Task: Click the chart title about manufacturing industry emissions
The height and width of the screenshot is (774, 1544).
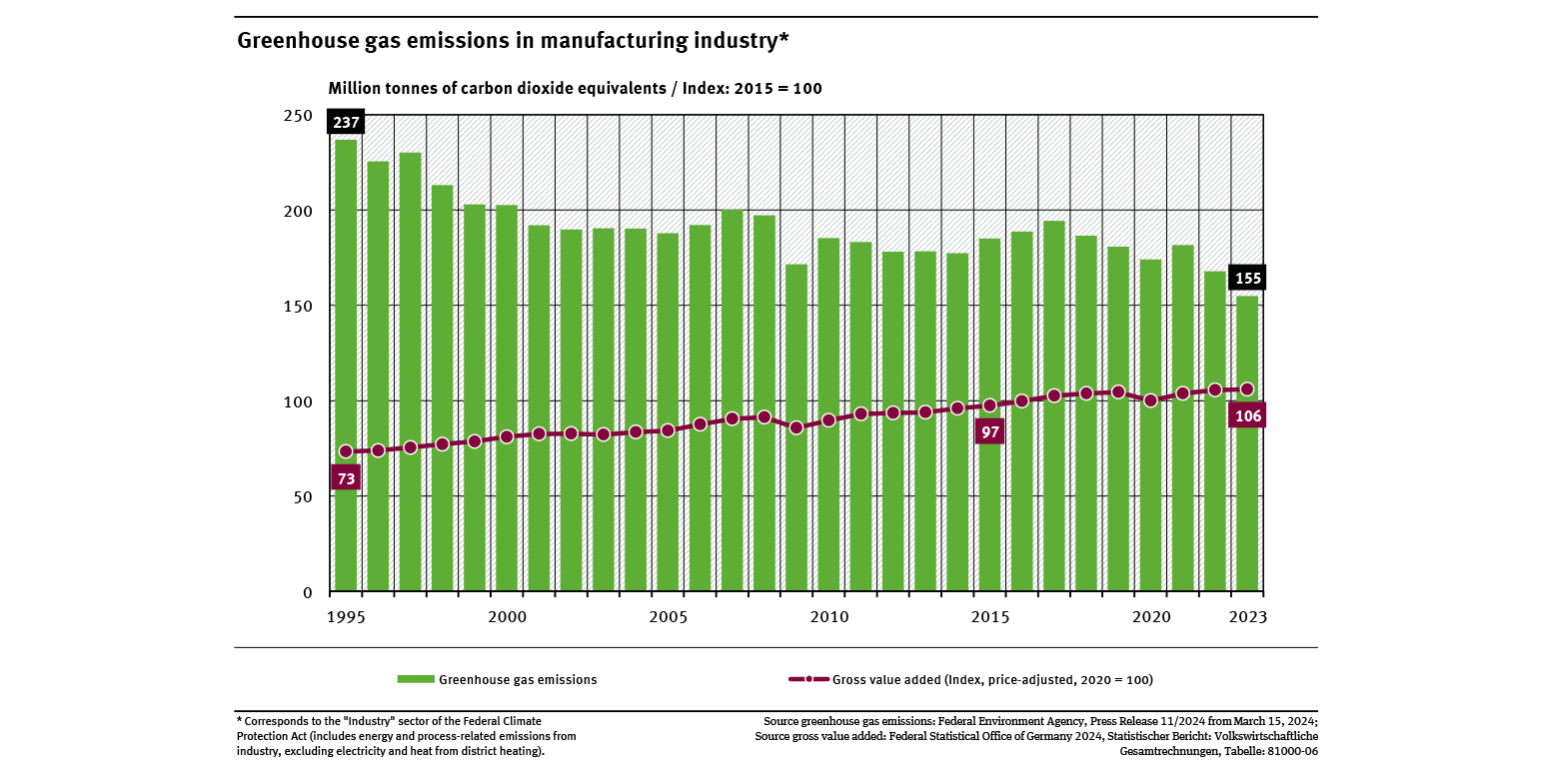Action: tap(513, 41)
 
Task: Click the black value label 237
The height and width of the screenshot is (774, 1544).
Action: tap(346, 123)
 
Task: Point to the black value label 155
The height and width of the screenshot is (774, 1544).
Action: tap(1248, 278)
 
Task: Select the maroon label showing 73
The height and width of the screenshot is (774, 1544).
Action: tap(346, 478)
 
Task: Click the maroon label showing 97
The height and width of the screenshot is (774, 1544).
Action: tap(989, 431)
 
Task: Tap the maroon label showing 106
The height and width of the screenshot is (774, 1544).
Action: tap(1248, 415)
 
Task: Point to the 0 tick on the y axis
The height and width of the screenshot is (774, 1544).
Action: tap(308, 592)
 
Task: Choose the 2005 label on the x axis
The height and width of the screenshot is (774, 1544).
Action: tap(668, 617)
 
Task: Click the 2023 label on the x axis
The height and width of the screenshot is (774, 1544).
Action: tap(1248, 617)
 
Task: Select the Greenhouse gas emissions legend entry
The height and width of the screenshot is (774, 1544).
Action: tap(498, 680)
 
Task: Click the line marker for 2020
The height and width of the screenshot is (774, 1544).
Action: tap(1151, 400)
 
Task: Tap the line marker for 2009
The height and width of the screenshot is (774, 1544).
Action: tap(796, 427)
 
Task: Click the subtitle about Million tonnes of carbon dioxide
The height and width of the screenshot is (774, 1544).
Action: tap(575, 88)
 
